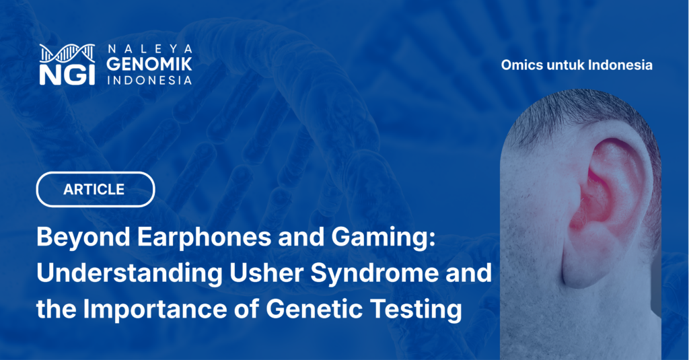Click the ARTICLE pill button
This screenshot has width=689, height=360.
[96, 190]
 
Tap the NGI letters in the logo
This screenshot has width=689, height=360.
[67, 75]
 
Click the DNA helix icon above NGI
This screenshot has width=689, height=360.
[67, 54]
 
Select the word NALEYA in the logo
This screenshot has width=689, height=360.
[149, 48]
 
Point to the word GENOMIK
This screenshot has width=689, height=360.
[149, 64]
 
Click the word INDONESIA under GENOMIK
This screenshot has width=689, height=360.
[149, 81]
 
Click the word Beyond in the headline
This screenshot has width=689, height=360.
[83, 238]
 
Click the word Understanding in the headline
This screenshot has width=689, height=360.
[130, 273]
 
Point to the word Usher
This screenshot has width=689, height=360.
[266, 273]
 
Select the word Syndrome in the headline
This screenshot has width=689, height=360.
[374, 274]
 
